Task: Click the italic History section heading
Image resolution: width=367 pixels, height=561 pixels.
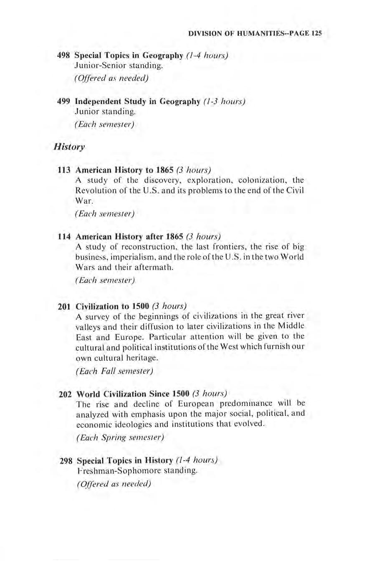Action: (63, 147)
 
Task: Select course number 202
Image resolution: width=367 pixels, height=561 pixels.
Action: (67, 393)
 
